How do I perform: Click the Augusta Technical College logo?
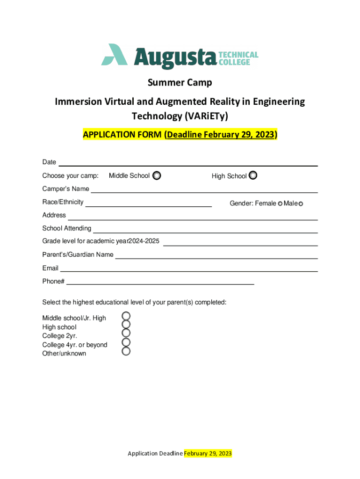pyautogui.click(x=180, y=57)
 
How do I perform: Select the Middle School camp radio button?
pyautogui.click(x=157, y=176)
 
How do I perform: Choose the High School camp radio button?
pyautogui.click(x=253, y=175)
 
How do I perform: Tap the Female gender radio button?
pyautogui.click(x=280, y=203)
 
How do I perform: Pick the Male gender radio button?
pyautogui.click(x=301, y=203)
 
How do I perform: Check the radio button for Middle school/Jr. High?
pyautogui.click(x=126, y=316)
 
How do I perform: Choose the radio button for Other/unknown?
pyautogui.click(x=126, y=351)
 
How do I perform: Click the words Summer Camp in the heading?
pyautogui.click(x=180, y=83)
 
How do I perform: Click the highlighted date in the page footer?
pyautogui.click(x=208, y=453)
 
